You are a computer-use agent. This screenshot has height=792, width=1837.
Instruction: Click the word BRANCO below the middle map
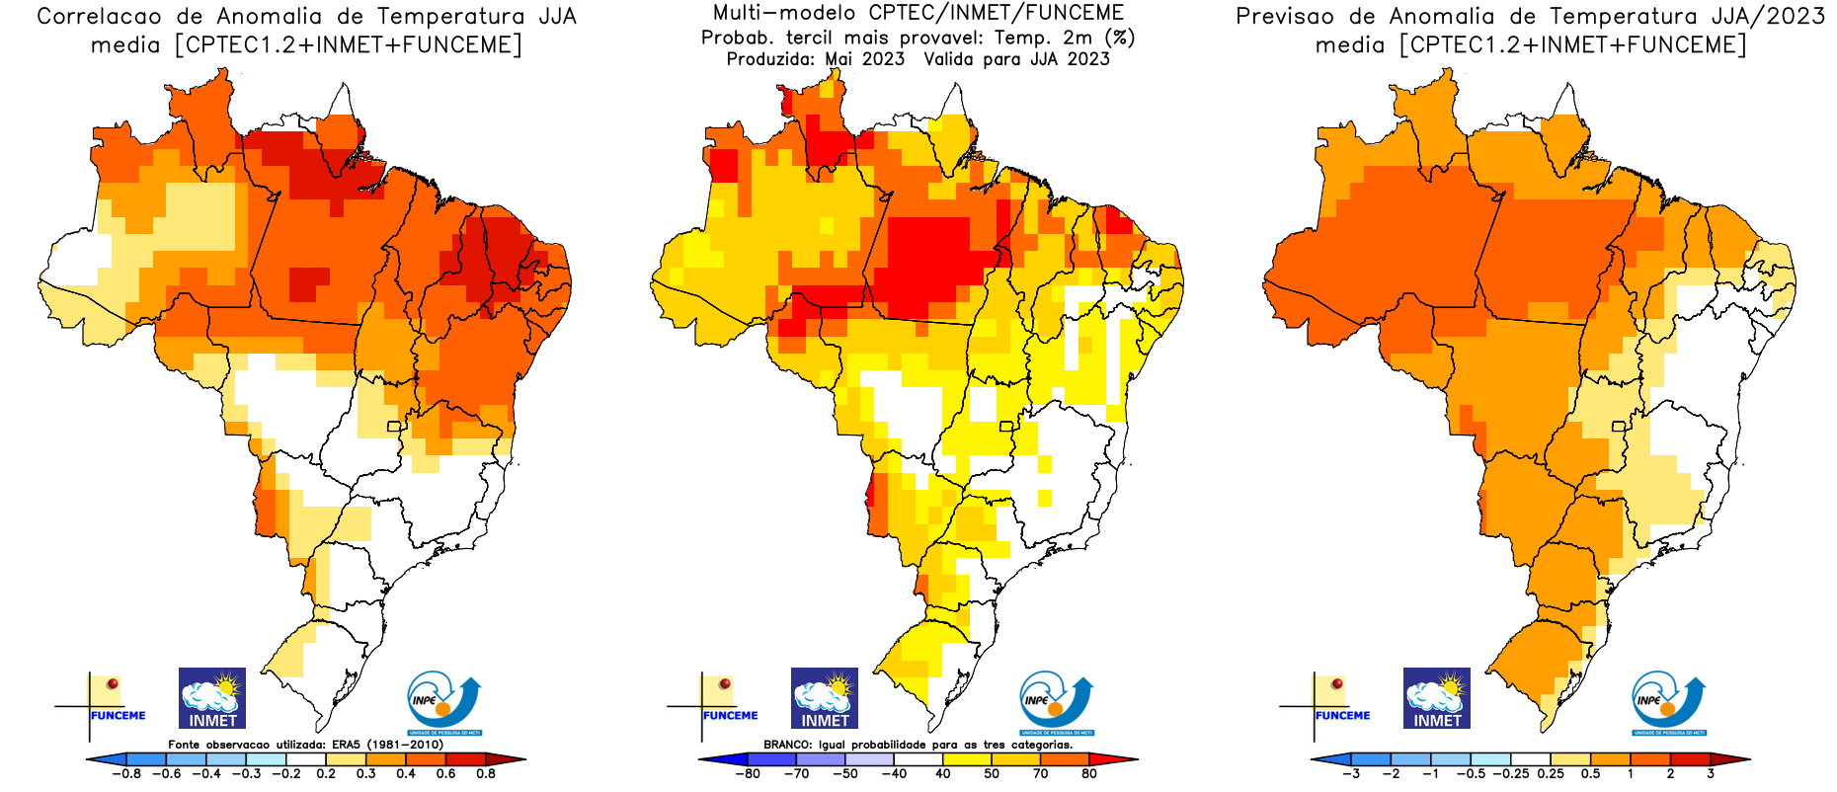point(788,745)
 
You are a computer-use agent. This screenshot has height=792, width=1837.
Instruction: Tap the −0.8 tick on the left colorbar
point(125,774)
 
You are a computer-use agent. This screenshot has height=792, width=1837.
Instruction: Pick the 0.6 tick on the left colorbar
point(445,774)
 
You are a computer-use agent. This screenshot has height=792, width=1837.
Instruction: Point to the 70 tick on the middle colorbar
point(1040,774)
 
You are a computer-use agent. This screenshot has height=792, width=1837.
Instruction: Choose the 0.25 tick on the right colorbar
point(1551,774)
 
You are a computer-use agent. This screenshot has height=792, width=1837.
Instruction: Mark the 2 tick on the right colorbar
point(1670,774)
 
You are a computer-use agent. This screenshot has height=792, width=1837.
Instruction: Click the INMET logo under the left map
point(212,698)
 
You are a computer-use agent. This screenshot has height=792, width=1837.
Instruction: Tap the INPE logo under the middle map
point(1056,702)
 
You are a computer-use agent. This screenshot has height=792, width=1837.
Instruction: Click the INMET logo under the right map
point(1437,698)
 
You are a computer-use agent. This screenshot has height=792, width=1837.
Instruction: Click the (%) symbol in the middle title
point(1120,38)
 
